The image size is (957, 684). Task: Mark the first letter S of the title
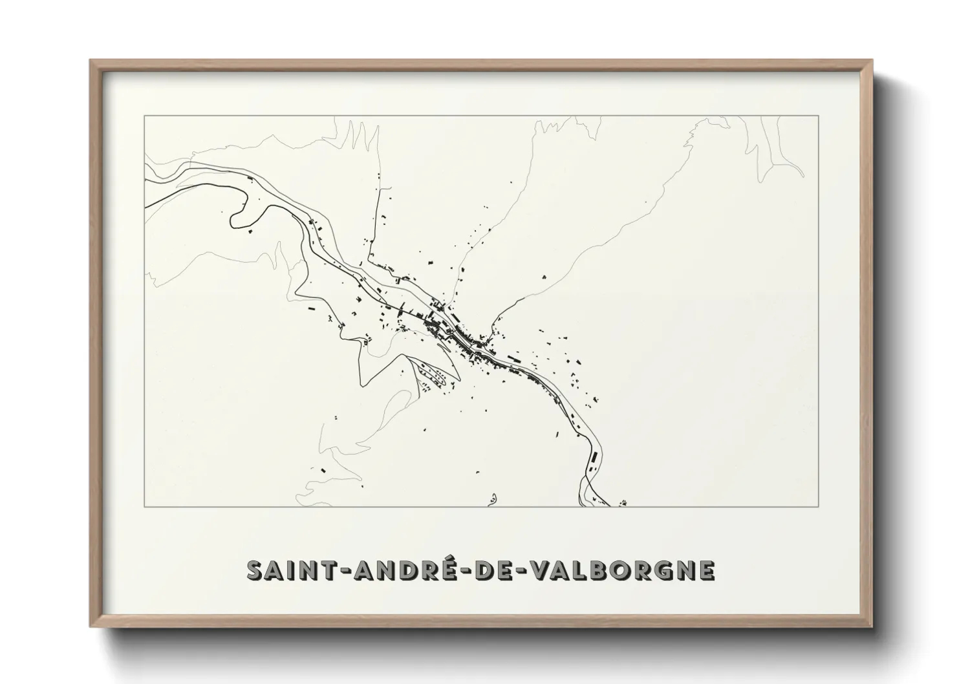[x=256, y=570]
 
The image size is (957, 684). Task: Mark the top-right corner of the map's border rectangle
[x=819, y=116]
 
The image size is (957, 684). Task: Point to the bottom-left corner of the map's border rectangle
[x=144, y=506]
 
